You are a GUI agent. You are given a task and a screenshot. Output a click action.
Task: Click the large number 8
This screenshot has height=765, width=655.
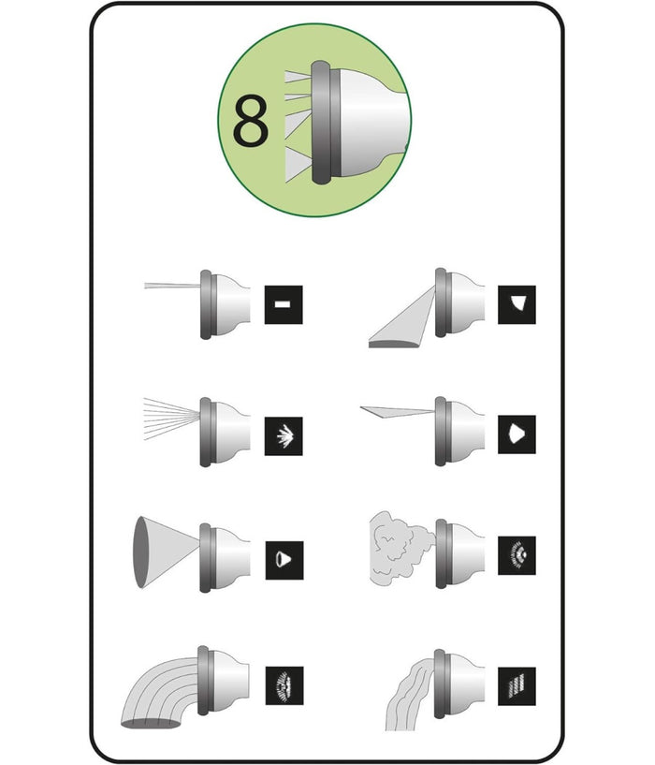coord(251,121)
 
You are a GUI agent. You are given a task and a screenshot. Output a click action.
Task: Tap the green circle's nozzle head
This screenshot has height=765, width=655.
coord(358,122)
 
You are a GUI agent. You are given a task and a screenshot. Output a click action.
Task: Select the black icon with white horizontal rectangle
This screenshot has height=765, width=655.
coord(284,304)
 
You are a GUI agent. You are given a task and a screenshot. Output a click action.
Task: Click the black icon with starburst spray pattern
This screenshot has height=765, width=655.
coord(284,436)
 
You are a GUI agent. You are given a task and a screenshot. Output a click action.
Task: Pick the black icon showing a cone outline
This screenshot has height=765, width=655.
coord(284,560)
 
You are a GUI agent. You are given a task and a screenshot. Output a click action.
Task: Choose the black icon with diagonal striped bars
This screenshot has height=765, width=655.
coord(517,686)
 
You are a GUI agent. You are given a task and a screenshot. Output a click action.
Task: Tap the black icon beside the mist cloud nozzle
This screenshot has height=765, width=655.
coord(517,555)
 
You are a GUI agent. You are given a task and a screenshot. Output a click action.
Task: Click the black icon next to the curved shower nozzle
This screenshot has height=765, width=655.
coord(284,685)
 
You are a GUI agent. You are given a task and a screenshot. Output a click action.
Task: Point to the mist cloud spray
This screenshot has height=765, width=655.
coord(400,549)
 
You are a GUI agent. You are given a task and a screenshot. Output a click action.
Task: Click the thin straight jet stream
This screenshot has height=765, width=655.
coord(172,286)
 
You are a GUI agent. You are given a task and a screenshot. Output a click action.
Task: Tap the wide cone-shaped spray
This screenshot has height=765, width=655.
coord(166,552)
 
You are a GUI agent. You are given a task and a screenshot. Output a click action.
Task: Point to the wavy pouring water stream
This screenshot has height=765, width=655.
coord(409,695)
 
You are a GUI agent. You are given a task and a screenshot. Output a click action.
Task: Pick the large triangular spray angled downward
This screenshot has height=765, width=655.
coord(401,317)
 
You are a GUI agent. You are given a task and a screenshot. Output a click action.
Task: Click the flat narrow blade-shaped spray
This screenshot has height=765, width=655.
coord(397,412)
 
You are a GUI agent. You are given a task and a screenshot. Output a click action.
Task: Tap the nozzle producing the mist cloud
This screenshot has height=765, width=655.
coord(460,553)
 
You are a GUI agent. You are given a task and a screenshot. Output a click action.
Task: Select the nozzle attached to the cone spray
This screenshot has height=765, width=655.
coord(225,558)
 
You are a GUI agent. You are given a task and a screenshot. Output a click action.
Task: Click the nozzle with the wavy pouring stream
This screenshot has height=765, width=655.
coord(459,684)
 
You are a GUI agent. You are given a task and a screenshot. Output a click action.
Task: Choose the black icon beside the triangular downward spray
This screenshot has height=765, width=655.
coord(517,304)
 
